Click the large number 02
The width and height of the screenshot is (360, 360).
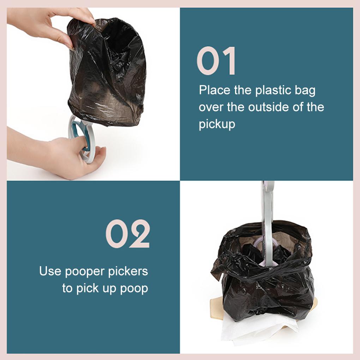pyautogui.click(x=128, y=234)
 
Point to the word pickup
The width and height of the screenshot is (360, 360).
pyautogui.click(x=217, y=124)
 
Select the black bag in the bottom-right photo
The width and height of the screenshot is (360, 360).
pyautogui.click(x=268, y=282)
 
